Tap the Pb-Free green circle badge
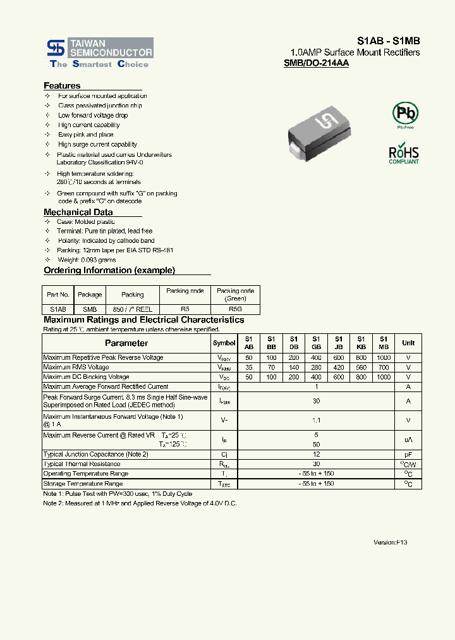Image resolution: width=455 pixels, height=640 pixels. point(405,114)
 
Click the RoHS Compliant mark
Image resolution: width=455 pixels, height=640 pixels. point(403,154)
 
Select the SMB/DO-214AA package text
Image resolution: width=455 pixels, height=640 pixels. point(316,63)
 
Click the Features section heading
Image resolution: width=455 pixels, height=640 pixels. point(62,85)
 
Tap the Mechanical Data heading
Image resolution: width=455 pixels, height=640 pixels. point(78,212)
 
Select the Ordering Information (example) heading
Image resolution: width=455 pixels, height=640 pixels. point(109,270)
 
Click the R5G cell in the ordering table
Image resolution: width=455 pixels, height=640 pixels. point(235,309)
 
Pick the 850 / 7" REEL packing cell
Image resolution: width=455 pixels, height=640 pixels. point(132,309)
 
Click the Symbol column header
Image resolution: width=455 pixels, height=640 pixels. point(224,343)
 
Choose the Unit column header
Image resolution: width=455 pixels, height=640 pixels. point(408,343)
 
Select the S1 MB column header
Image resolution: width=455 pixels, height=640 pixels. point(383,343)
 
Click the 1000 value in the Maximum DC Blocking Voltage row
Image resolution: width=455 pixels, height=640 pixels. point(383,377)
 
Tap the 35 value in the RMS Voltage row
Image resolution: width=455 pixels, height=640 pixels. point(248,367)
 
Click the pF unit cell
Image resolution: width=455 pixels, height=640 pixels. point(408,455)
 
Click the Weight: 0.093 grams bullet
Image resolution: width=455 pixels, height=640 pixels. point(87,260)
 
